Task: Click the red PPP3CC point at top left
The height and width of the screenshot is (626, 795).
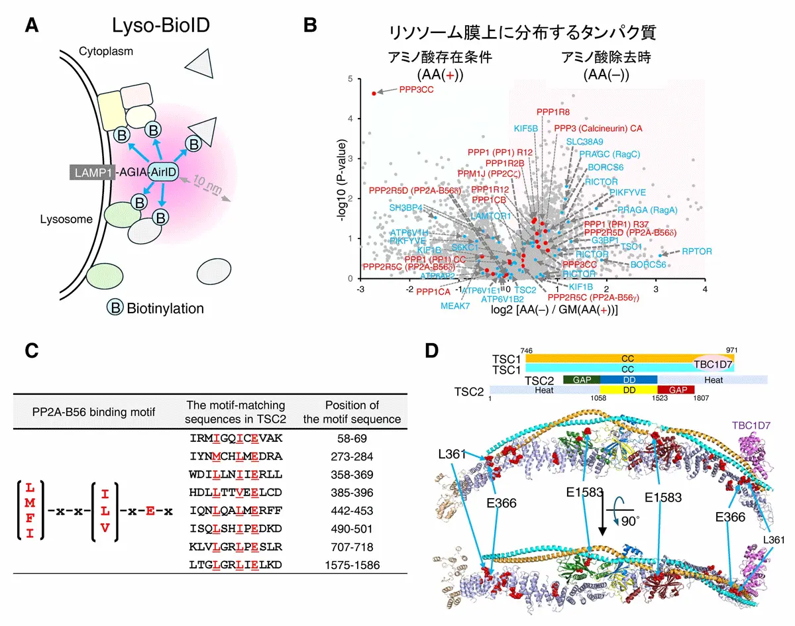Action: pos(374,93)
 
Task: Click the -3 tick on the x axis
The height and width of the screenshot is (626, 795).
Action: pos(360,289)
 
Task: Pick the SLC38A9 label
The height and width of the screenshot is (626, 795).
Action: pos(584,142)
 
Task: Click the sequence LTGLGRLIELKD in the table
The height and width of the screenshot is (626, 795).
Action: pos(231,564)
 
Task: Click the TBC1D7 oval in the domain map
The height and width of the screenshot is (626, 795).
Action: pos(712,363)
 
